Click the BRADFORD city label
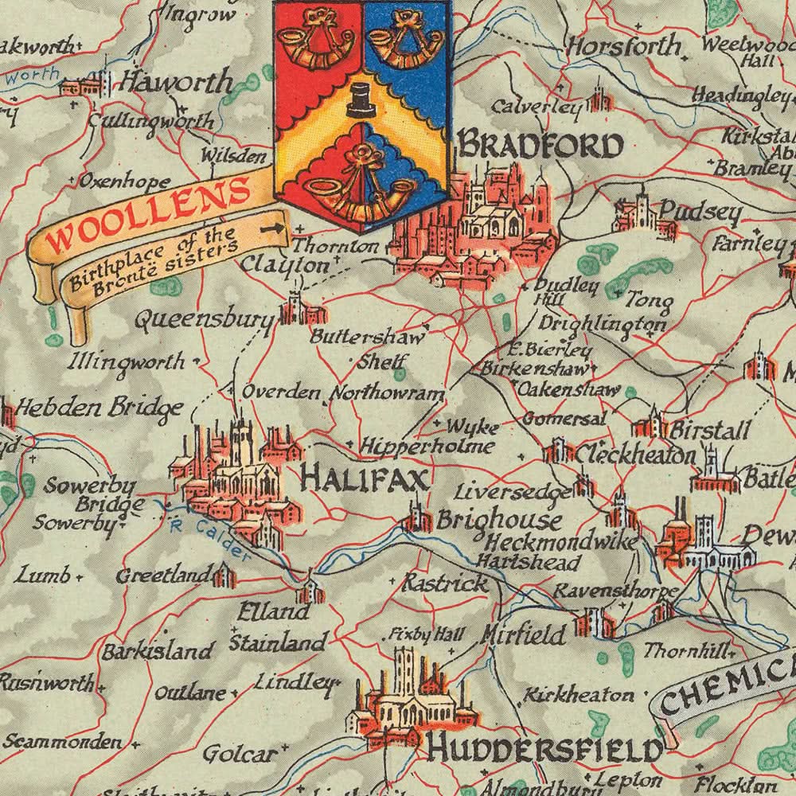540,146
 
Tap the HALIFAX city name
365,478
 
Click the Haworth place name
175,82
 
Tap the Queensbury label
204,320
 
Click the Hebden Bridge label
100,408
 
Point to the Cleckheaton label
635,455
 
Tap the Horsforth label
625,47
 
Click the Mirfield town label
524,634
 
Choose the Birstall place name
710,431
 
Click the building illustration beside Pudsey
641,215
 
